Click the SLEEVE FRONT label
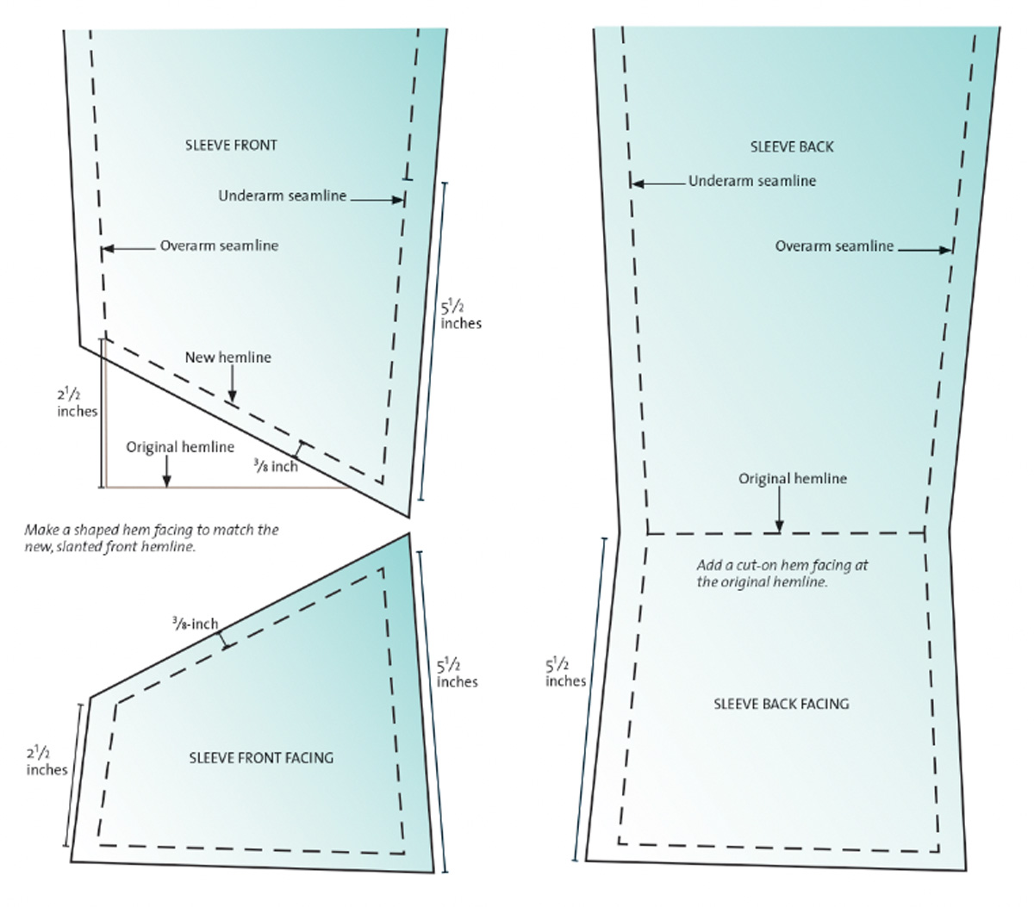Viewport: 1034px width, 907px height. (231, 145)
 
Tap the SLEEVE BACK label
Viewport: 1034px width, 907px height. (792, 146)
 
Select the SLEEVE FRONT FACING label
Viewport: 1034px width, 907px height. (260, 758)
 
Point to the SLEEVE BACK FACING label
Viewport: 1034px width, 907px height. (781, 704)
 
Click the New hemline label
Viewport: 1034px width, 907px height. (227, 357)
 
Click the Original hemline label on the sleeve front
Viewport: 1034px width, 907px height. (180, 447)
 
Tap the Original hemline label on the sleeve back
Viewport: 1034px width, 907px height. (792, 479)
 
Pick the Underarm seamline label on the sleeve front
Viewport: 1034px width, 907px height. (282, 196)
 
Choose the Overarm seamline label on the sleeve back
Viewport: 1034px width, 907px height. (834, 246)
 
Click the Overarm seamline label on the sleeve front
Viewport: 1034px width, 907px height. (219, 245)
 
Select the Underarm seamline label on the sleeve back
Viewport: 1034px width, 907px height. (751, 181)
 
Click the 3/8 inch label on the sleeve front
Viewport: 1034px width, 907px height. (275, 466)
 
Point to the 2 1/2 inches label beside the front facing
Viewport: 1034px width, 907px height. (47, 761)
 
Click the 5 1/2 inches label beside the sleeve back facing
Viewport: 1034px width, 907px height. (565, 673)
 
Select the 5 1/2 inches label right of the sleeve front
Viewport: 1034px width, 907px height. (460, 315)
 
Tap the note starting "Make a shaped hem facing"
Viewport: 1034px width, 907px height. (151, 537)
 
